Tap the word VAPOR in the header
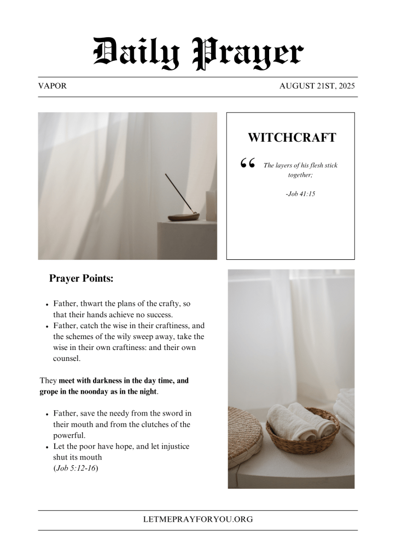click(53, 86)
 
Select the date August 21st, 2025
click(318, 86)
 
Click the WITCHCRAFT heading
click(292, 138)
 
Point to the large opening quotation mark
click(247, 164)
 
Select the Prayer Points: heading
click(81, 278)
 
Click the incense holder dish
click(183, 217)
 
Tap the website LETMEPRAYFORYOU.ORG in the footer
click(198, 520)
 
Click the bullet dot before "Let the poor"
click(48, 447)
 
